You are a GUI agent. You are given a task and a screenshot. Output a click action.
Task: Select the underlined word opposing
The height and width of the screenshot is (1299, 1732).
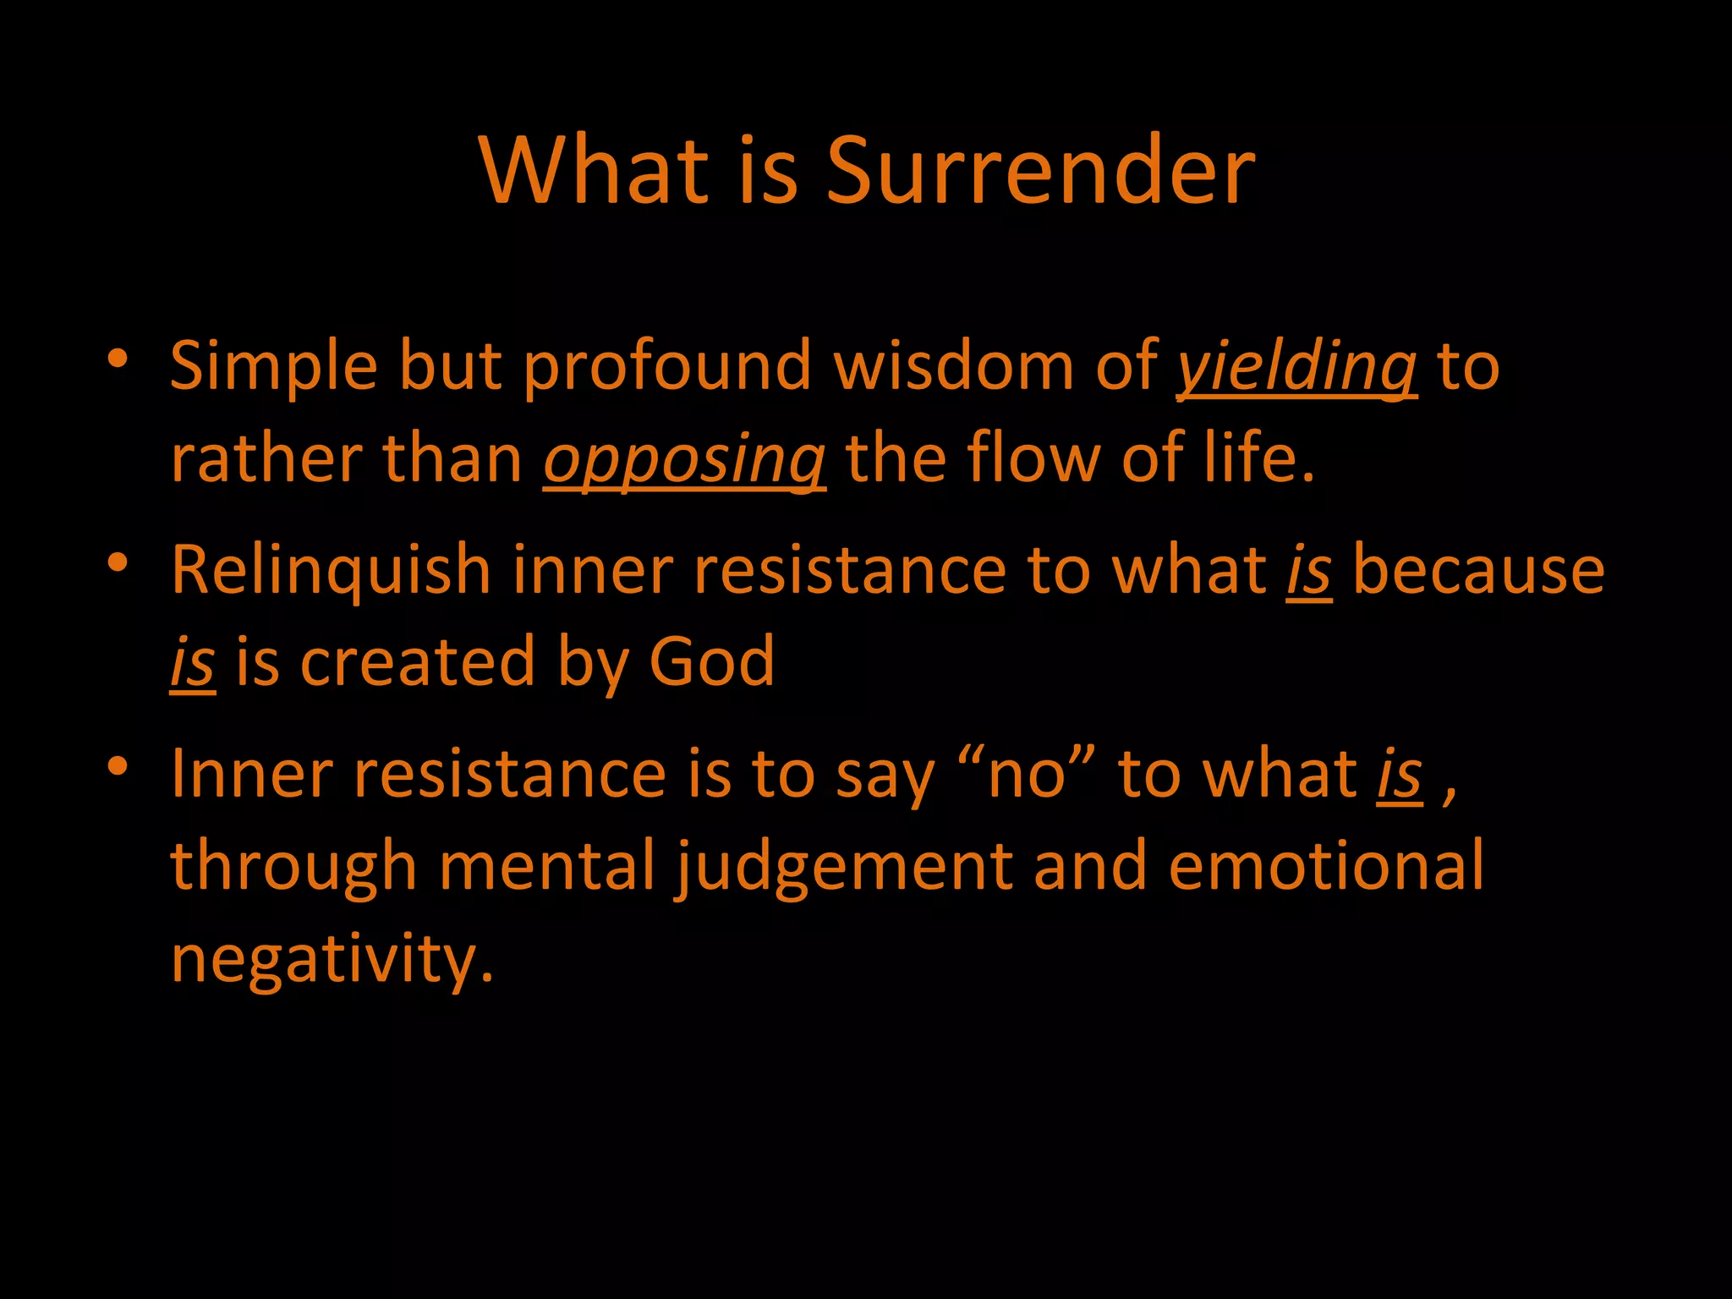[x=684, y=460]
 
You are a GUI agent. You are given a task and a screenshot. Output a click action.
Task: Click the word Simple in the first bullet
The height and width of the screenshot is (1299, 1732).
[x=273, y=367]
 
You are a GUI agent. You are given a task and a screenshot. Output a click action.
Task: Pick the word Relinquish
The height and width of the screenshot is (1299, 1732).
[x=331, y=570]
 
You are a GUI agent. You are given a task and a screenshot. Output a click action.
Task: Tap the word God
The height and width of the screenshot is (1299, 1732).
[x=711, y=661]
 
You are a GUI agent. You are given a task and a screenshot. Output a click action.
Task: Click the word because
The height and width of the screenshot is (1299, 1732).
[x=1478, y=570]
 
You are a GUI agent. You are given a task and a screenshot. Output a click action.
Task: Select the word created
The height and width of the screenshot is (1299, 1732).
[x=418, y=661]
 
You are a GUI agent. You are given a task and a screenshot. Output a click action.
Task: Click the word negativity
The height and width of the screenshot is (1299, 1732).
[x=332, y=961]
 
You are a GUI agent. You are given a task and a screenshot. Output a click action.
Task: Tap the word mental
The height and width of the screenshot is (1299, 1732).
[x=547, y=866]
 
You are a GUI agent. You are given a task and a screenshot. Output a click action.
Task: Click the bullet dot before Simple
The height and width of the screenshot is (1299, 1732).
[x=118, y=359]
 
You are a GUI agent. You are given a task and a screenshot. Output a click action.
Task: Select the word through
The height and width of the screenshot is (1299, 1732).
[x=293, y=868]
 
